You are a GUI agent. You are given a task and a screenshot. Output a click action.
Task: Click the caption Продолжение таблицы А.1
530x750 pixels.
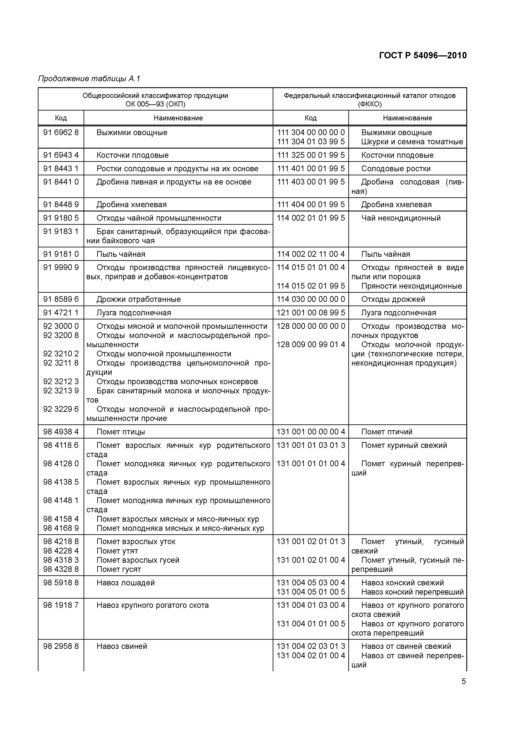pos(89,79)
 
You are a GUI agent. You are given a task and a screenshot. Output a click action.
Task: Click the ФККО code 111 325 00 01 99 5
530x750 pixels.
pos(311,155)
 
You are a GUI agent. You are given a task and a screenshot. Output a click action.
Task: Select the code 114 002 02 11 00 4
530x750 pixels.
pos(311,254)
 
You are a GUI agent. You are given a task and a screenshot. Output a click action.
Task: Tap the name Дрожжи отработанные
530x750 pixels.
pos(138,299)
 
